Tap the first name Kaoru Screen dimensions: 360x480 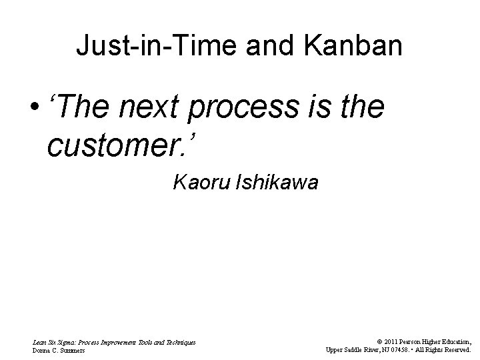pyautogui.click(x=199, y=181)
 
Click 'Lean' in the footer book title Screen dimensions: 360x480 pyautogui.click(x=40, y=342)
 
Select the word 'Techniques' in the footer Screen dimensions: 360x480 pyautogui.click(x=179, y=342)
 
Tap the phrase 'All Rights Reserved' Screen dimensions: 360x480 pyautogui.click(x=445, y=349)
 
